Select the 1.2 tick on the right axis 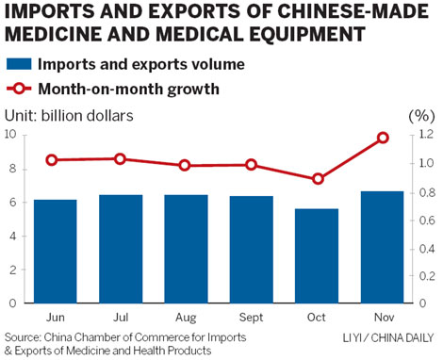coord(426,135)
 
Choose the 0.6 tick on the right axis coord(426,220)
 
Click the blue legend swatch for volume coord(20,65)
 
